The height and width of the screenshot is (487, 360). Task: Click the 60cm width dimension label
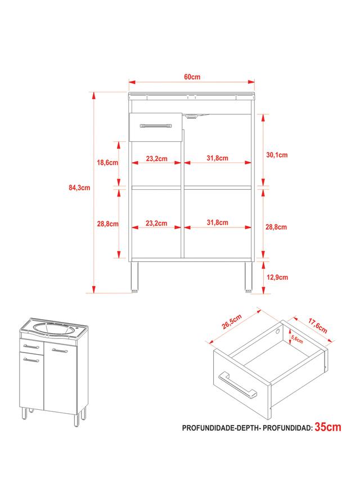192,77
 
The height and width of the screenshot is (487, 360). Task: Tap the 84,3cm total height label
79,187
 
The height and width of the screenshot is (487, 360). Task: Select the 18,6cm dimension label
107,163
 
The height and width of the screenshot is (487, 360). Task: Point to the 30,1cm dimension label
277,155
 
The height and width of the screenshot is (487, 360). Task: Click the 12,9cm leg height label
277,277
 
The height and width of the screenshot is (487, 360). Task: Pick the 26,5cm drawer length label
232,321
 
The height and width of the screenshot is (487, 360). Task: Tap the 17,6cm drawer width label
317,325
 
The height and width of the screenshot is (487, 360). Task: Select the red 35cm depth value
328,427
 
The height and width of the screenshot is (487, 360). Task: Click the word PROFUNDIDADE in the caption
209,428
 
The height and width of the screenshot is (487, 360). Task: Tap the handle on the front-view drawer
155,126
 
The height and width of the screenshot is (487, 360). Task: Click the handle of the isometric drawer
238,385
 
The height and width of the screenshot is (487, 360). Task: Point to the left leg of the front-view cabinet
134,277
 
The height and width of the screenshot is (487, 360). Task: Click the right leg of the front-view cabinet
248,277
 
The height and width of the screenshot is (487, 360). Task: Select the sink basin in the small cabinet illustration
53,329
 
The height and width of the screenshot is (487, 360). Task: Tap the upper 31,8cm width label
217,158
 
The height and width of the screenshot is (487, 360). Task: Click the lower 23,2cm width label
156,223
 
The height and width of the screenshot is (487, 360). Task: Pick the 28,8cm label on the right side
276,227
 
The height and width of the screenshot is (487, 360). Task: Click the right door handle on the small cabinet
60,351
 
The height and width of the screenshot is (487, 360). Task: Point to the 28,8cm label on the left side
107,224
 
